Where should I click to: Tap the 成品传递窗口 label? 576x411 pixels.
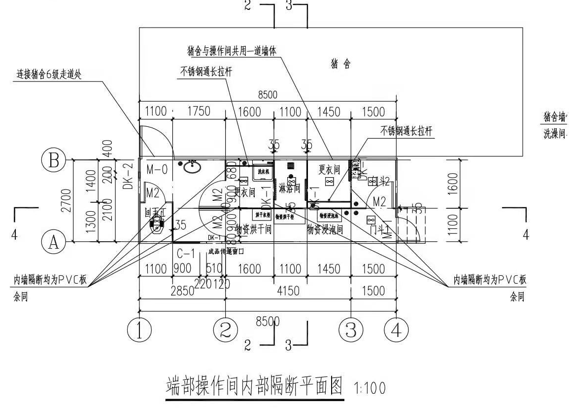click(x=226, y=251)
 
